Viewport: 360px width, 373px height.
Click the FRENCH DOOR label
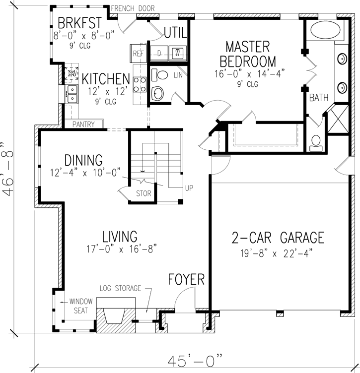click(x=133, y=8)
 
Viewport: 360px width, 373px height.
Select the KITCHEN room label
click(x=106, y=79)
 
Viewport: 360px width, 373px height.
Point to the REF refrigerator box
click(x=138, y=53)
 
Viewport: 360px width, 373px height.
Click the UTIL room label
click(x=175, y=33)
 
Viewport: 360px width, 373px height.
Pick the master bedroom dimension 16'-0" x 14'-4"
click(x=247, y=74)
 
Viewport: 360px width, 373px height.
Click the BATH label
click(x=319, y=98)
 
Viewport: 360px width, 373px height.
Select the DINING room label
click(x=83, y=160)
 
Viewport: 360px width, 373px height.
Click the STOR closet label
click(x=144, y=194)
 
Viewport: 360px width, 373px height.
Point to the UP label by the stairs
click(x=189, y=188)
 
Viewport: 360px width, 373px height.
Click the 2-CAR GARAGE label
click(x=278, y=238)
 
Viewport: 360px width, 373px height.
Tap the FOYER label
click(x=186, y=279)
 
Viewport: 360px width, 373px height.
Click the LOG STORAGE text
click(x=121, y=288)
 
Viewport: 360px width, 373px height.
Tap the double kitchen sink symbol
click(x=72, y=91)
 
